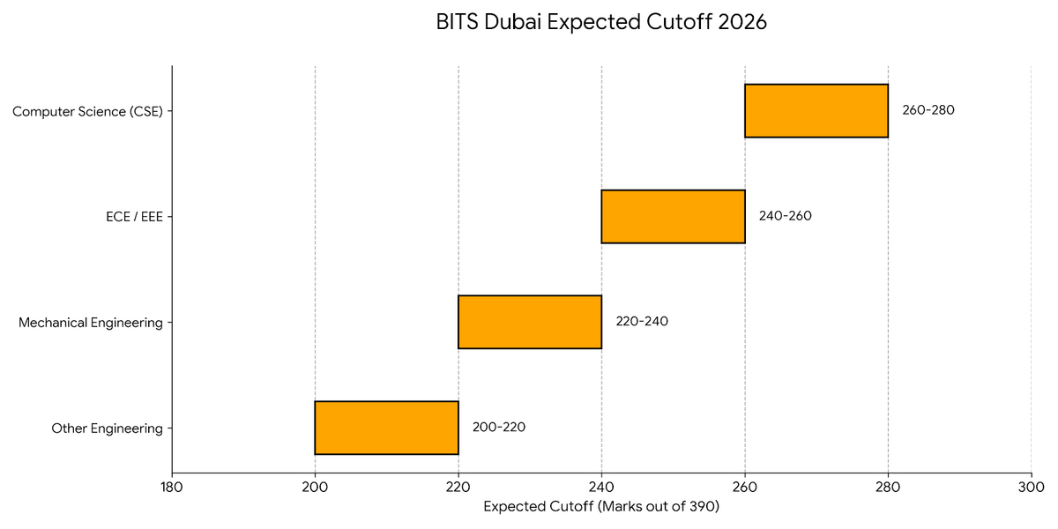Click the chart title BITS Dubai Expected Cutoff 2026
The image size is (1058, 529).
pyautogui.click(x=601, y=23)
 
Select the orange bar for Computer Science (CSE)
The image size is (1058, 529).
pyautogui.click(x=816, y=111)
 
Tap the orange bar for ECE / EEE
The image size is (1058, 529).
pyautogui.click(x=673, y=217)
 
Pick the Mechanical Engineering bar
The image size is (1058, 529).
pyautogui.click(x=530, y=322)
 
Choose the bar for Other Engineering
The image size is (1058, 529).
pyautogui.click(x=386, y=428)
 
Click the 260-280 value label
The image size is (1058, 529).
pyautogui.click(x=928, y=111)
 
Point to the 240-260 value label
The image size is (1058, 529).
pyautogui.click(x=785, y=216)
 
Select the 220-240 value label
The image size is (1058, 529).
pyautogui.click(x=642, y=322)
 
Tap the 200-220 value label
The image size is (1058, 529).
pyautogui.click(x=498, y=428)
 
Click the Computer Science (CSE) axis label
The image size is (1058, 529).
pyautogui.click(x=88, y=112)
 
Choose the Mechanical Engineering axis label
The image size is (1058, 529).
pyautogui.click(x=91, y=323)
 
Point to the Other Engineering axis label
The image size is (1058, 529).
pyautogui.click(x=107, y=428)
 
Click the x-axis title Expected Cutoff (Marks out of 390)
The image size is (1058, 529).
pyautogui.click(x=601, y=507)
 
